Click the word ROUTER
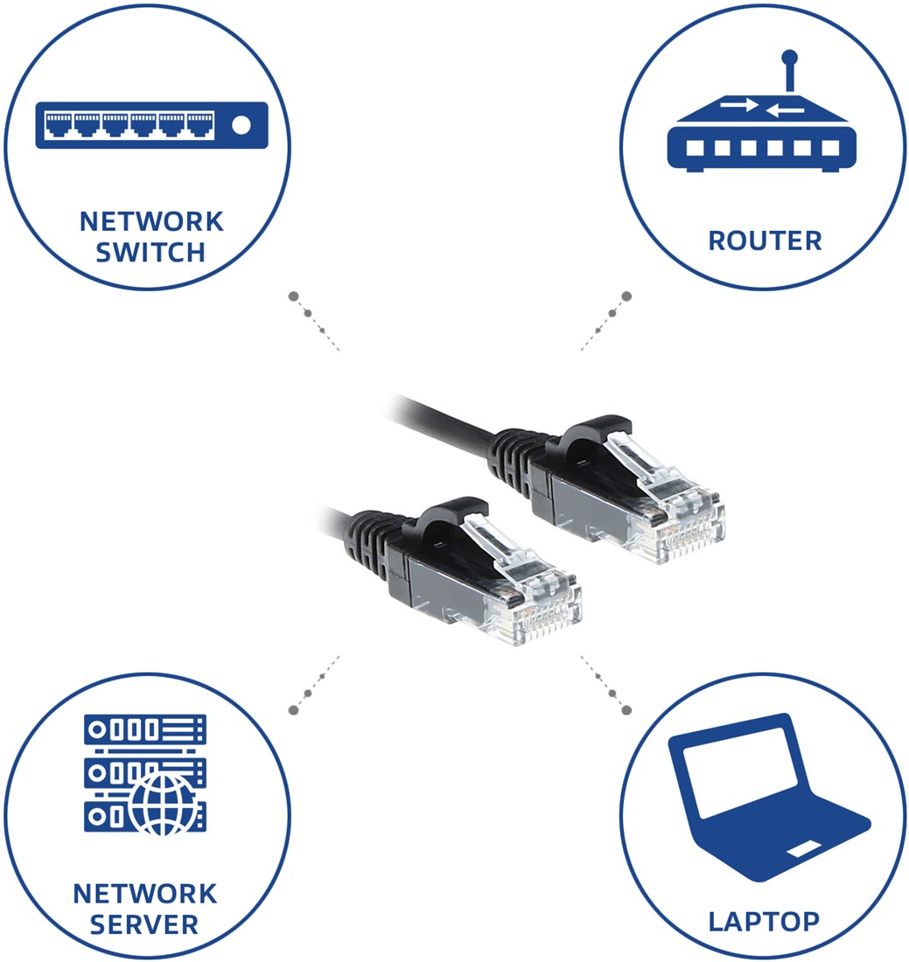coord(765,240)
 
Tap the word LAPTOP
coord(764,920)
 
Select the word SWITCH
coord(150,253)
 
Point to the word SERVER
coord(144,924)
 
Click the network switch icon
coord(151,125)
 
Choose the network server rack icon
coord(145,774)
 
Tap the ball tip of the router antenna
coord(789,59)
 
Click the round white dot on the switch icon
coord(241,125)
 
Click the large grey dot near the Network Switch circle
coord(294,296)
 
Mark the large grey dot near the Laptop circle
coord(626,710)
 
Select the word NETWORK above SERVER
coord(144,894)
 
